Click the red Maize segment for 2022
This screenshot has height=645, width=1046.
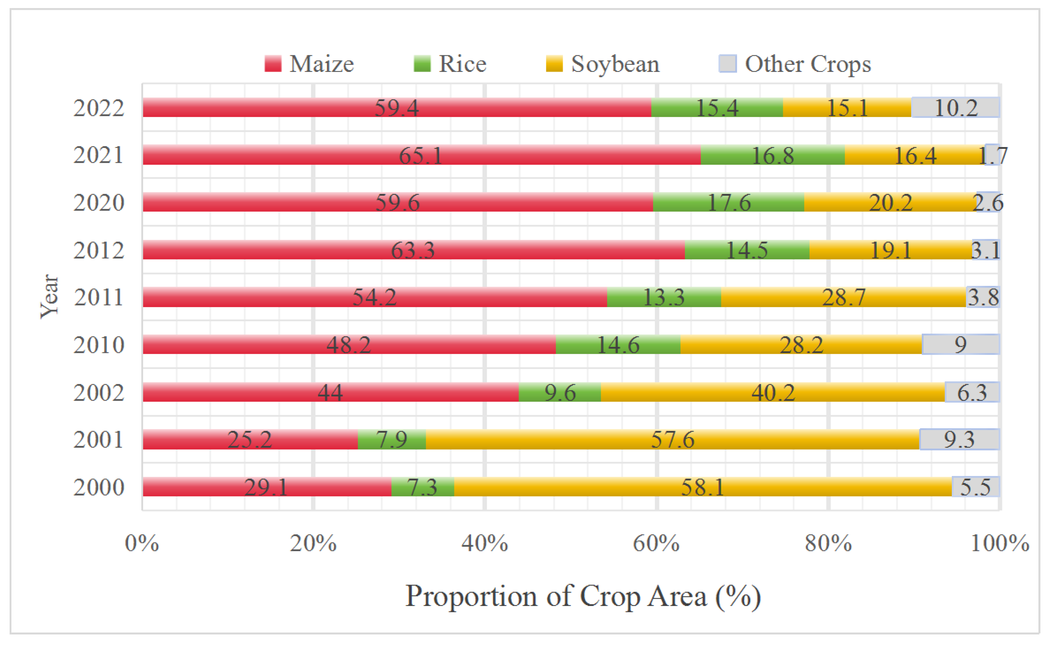[x=396, y=108]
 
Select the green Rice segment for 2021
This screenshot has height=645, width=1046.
[x=772, y=155]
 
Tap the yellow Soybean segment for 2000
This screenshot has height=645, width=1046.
[x=703, y=487]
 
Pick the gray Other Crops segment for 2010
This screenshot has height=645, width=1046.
[x=960, y=344]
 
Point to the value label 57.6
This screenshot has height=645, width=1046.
[x=672, y=439]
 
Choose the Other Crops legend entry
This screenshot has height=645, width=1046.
[x=795, y=64]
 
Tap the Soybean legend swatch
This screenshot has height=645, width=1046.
[x=554, y=64]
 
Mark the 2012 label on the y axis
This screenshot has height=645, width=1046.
[x=99, y=251]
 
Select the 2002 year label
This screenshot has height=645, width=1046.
[x=99, y=393]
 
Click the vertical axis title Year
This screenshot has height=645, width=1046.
[x=49, y=296]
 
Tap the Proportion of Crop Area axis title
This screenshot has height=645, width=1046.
[x=583, y=596]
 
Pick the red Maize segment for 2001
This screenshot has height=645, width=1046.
[x=250, y=439]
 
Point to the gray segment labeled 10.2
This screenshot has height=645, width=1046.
[x=955, y=108]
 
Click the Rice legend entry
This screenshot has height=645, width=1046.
[x=450, y=64]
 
